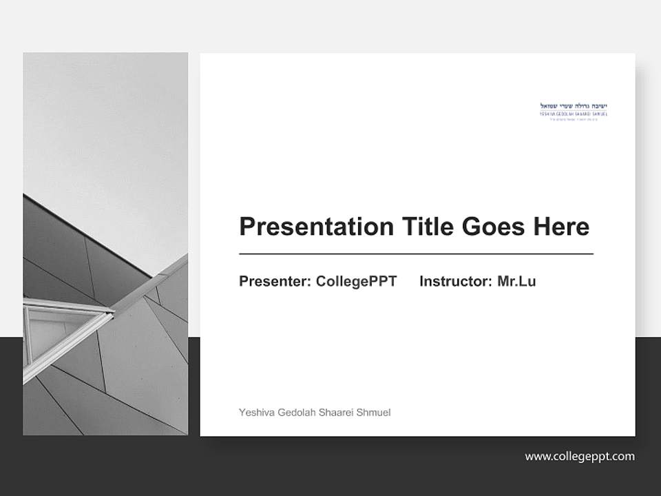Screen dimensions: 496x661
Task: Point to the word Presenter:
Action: click(275, 281)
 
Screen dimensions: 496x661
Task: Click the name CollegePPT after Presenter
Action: click(356, 281)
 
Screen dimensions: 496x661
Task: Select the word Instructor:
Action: click(455, 281)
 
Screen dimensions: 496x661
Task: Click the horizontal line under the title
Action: click(416, 254)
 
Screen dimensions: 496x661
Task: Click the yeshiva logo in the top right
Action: click(574, 109)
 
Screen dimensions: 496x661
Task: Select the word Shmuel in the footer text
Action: click(374, 413)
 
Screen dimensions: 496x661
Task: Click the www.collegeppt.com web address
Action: click(580, 456)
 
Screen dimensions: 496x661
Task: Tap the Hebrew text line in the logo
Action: click(574, 105)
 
